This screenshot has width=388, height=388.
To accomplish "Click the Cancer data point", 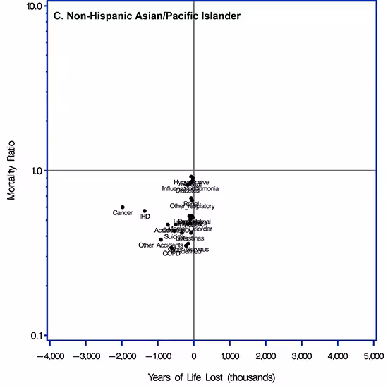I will pos(123,207).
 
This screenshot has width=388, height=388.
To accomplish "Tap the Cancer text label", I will pos(123,213).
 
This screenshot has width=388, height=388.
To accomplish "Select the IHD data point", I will pos(145,211).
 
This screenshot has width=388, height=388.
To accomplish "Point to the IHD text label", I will pos(145,217).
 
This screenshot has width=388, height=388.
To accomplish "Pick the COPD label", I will pos(171,253).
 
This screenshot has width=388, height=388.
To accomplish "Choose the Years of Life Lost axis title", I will pos(212,376).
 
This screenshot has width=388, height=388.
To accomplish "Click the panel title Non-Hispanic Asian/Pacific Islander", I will pos(147,16).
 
